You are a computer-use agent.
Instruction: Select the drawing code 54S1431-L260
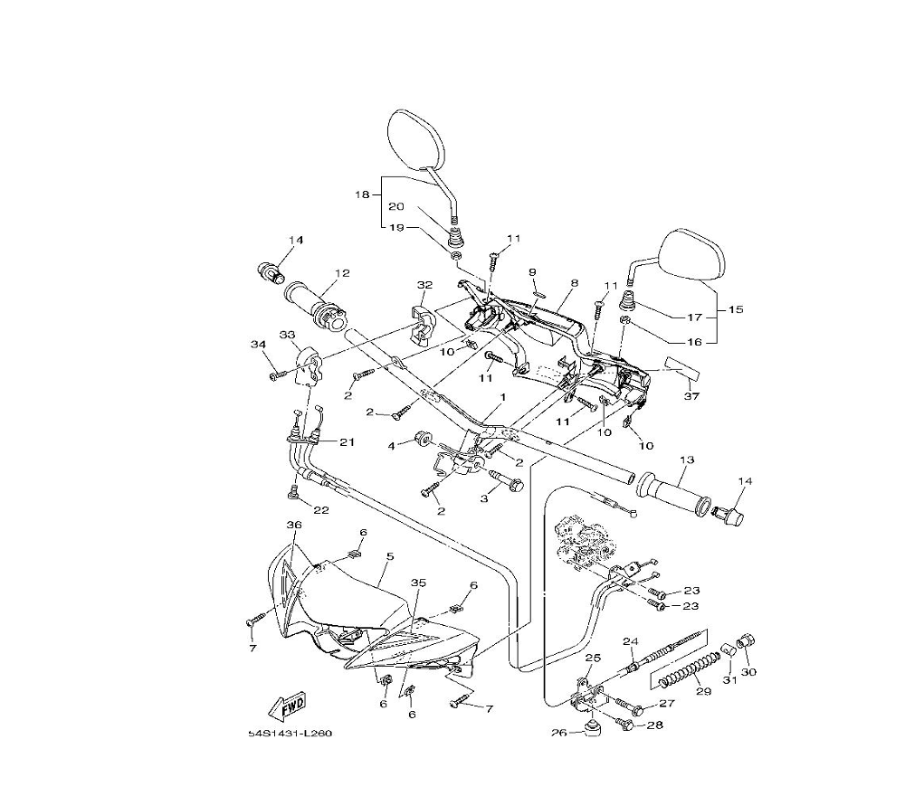coord(291,734)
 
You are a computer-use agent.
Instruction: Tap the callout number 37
coord(691,396)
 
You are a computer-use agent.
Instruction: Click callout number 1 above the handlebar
coord(502,397)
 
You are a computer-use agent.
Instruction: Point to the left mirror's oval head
coord(415,140)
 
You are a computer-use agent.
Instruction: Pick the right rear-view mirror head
coord(691,255)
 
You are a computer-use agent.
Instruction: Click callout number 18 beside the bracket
coord(362,195)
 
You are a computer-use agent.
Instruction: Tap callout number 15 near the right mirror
coord(736,309)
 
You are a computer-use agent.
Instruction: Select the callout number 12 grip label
coord(342,273)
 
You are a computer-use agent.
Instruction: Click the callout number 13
coord(687,460)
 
